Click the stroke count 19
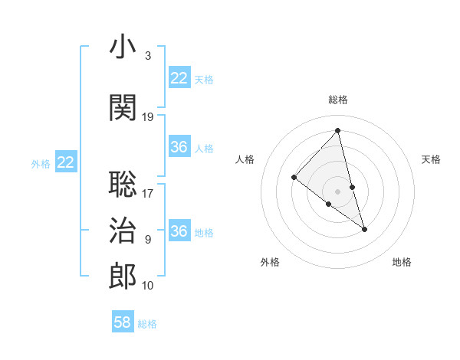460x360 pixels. coord(148,117)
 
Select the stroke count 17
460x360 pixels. coord(148,194)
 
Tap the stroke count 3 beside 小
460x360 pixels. coord(147,56)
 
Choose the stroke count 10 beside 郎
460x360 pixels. coord(148,286)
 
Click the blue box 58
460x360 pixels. coord(123,322)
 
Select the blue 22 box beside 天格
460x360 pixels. coord(179,78)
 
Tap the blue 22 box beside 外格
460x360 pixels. coord(66,162)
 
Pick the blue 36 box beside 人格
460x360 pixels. coord(179,147)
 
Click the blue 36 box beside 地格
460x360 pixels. coord(179,231)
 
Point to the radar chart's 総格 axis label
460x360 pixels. coord(338,100)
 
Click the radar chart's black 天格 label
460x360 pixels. coord(431,159)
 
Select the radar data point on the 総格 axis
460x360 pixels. coord(338,130)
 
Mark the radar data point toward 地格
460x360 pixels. coord(365,229)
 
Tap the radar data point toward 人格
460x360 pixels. coord(294,177)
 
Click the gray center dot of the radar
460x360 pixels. coord(338,191)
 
